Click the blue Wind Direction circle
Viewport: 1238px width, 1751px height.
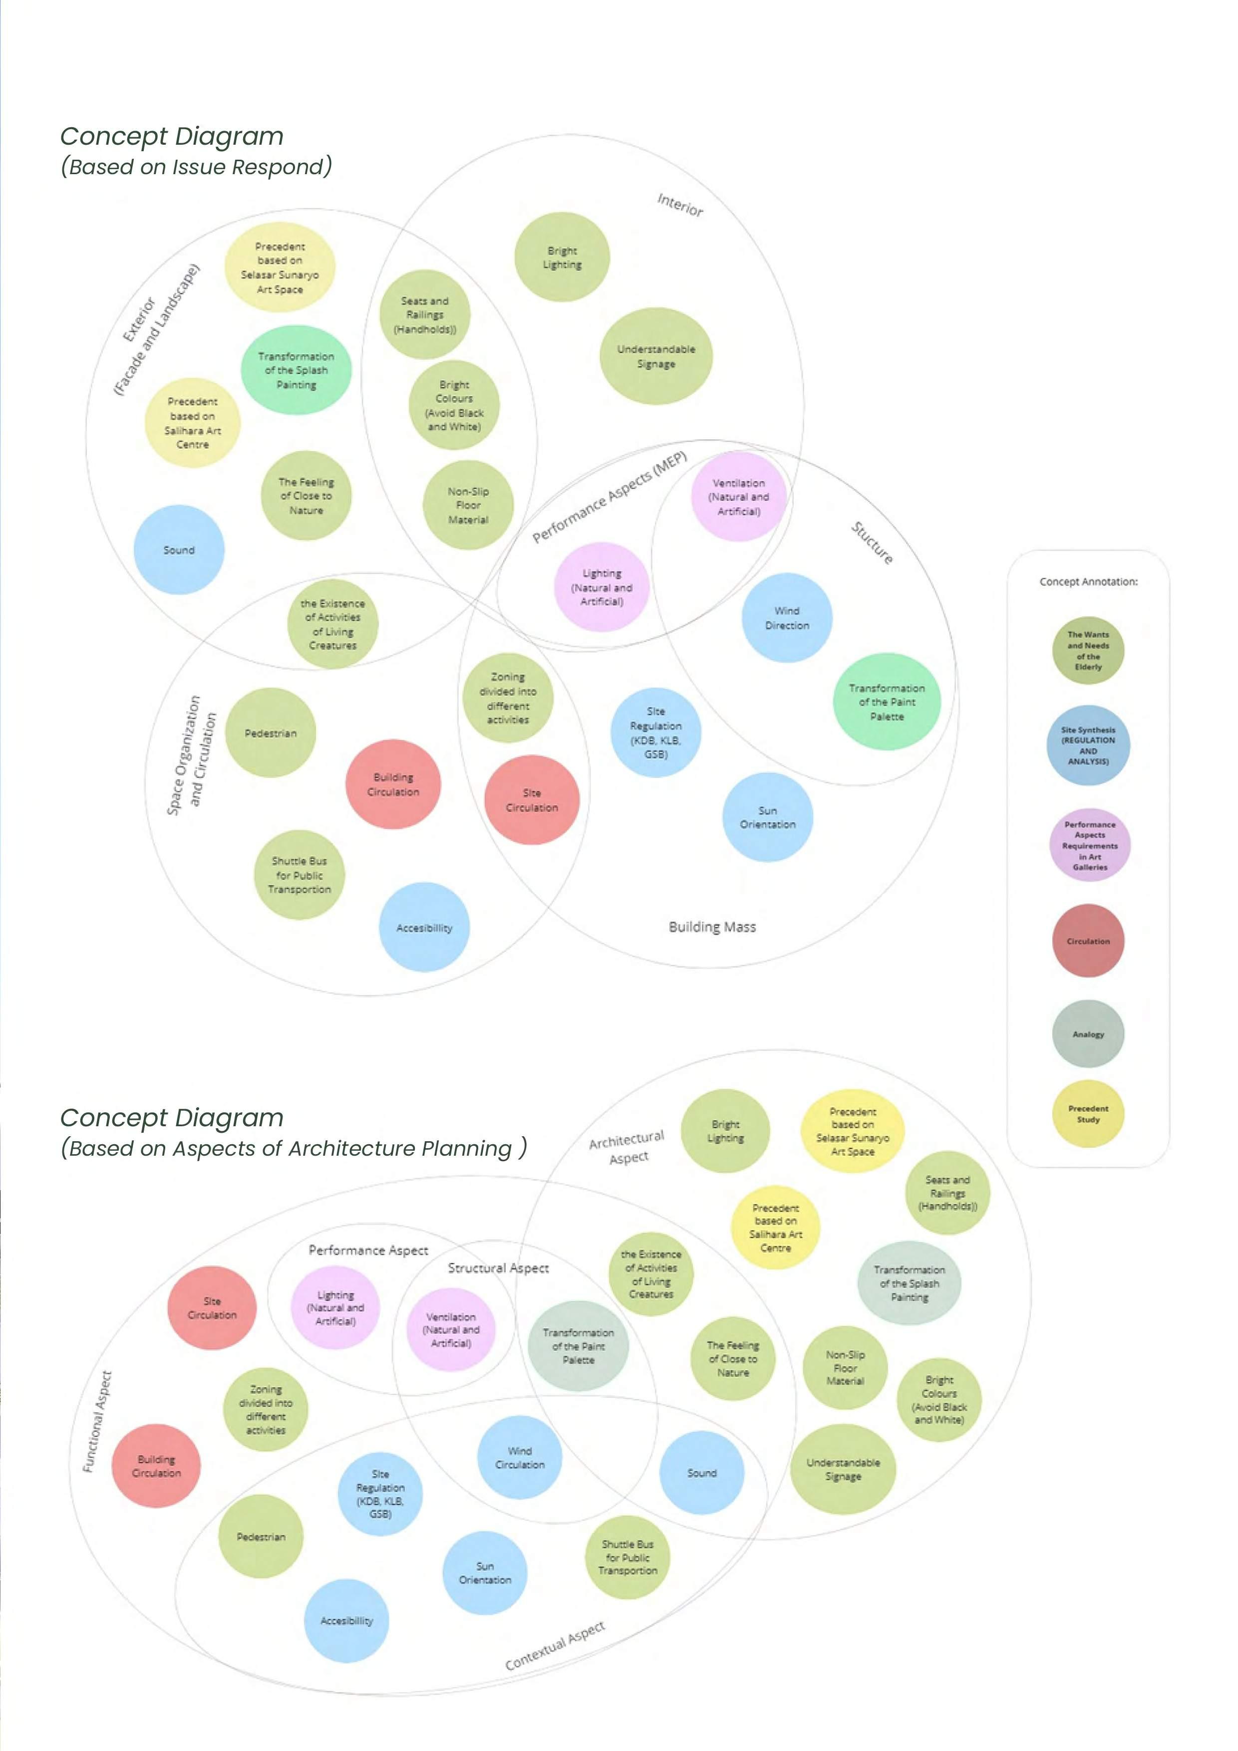pos(786,618)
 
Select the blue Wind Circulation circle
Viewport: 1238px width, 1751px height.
pos(520,1458)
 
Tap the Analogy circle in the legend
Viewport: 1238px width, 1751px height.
pos(1088,1034)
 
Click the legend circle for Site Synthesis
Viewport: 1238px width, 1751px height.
pos(1088,745)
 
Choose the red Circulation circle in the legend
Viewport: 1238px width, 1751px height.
pos(1088,941)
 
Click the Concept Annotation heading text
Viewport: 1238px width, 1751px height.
pos(1088,582)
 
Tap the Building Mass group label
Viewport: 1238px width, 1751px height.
pos(712,927)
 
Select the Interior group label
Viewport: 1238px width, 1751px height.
pos(679,205)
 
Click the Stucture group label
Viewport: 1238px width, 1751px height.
pos(872,542)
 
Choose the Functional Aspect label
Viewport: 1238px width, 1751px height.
pos(98,1421)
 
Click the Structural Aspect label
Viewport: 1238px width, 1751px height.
pos(498,1267)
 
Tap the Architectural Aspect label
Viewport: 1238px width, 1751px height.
pos(627,1148)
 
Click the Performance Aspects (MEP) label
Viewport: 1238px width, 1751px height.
pos(610,497)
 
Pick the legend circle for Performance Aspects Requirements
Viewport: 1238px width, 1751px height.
pos(1089,845)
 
